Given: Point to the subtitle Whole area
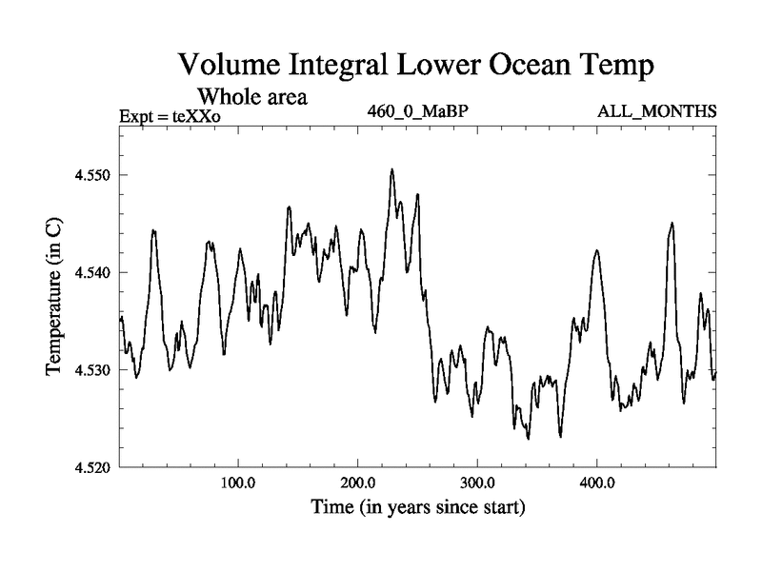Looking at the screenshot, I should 251,96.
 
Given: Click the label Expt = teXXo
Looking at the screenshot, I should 170,117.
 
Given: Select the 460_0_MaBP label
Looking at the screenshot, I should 417,111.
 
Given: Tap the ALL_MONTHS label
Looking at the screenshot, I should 656,111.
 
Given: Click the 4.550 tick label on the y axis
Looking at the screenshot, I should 93,176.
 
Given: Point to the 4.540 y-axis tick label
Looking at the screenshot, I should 93,273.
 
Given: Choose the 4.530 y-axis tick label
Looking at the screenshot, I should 93,370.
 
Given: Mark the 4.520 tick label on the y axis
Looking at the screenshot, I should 93,467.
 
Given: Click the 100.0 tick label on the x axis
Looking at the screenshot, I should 237,483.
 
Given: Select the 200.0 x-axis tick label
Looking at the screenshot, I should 357,483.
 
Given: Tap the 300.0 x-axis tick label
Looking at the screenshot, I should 476,483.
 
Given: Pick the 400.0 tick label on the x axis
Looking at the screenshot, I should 596,483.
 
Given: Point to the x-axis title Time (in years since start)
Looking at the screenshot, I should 418,508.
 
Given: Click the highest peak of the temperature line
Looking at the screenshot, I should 391,169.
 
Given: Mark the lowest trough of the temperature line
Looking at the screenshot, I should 528,439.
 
